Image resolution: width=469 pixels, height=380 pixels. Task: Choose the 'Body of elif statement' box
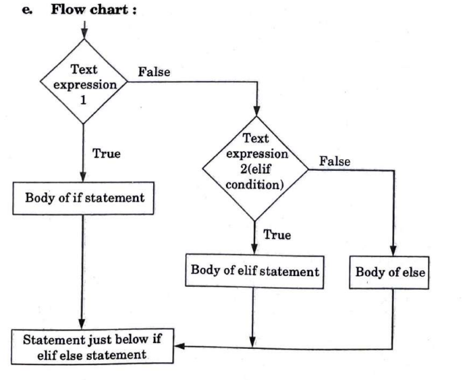click(252, 271)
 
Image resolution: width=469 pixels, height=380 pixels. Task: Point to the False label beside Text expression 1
click(153, 71)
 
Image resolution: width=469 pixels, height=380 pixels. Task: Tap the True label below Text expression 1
click(107, 153)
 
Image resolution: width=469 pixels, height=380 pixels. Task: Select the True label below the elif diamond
click(277, 235)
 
